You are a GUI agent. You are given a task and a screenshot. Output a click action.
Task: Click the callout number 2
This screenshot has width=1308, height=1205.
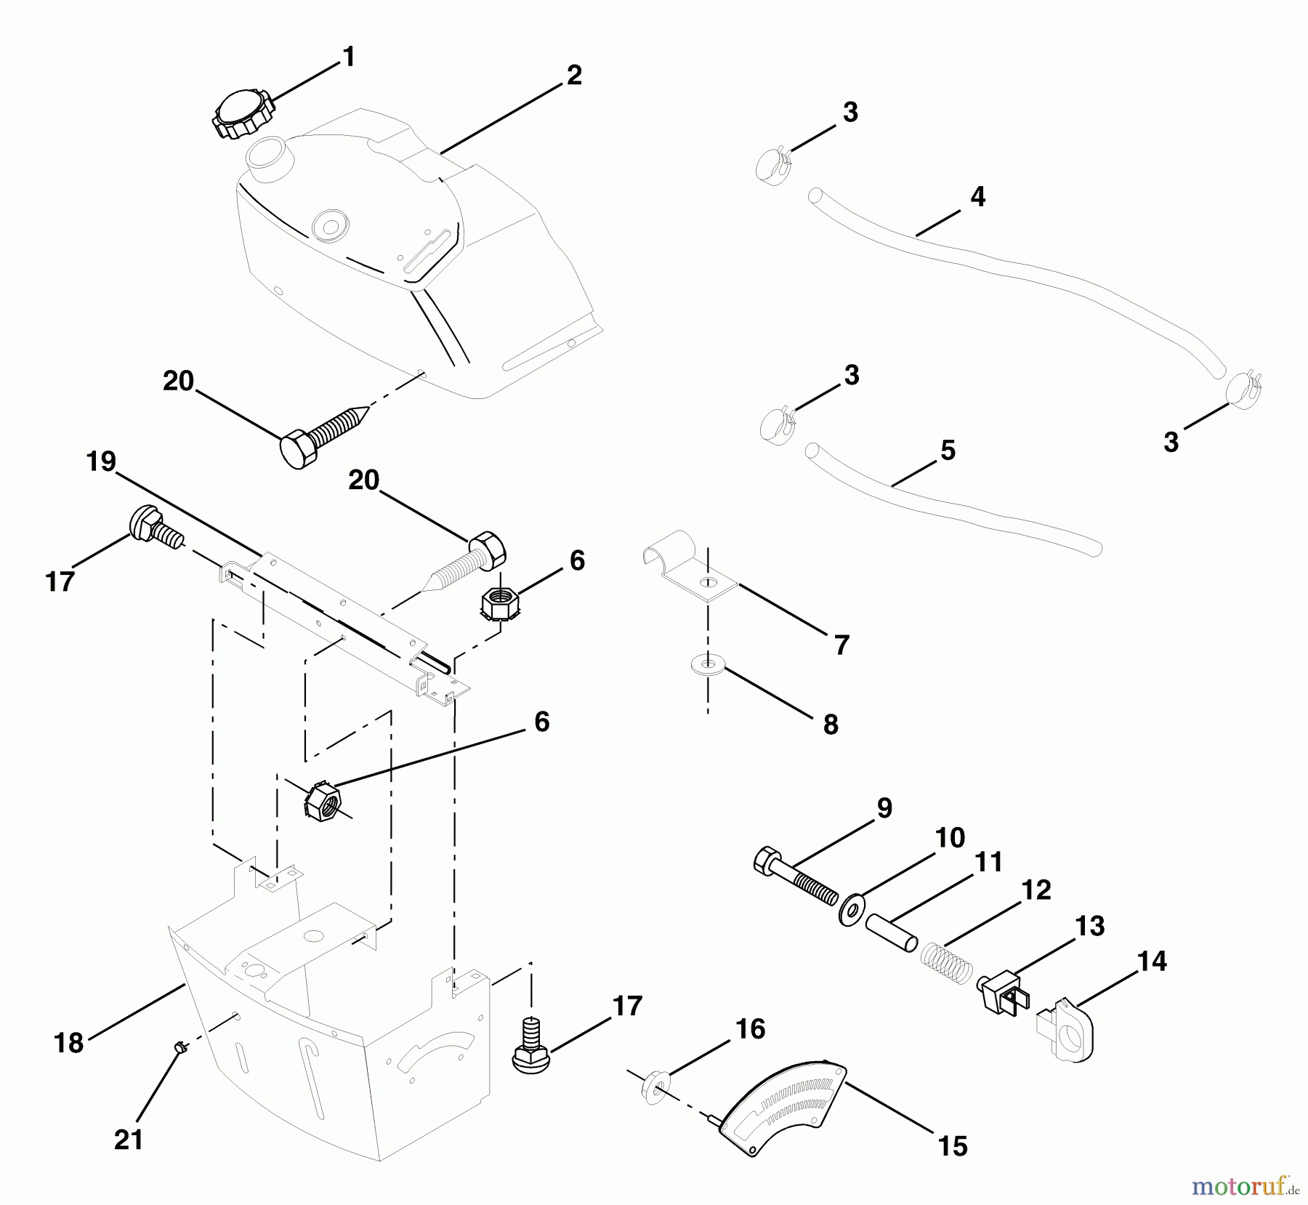(574, 76)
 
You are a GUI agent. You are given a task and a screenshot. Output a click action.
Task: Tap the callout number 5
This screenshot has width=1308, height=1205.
(948, 450)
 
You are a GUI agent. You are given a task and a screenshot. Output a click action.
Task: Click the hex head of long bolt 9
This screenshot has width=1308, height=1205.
(767, 861)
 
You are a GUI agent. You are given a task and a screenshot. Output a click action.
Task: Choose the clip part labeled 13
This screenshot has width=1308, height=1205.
(1003, 992)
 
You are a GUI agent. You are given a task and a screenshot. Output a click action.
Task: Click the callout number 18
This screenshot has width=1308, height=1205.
(69, 1043)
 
